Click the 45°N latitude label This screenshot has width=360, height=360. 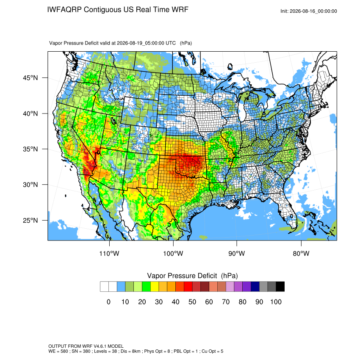pos(30,78)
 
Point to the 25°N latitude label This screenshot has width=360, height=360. pos(30,220)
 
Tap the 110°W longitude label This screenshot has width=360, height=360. pos(109,253)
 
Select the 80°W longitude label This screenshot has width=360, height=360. pos(301,253)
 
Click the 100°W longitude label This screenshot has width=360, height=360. pos(173,253)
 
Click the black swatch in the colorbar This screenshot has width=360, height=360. pos(280,287)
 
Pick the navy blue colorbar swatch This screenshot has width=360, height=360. pos(255,287)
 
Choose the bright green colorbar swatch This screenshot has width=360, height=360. pos(146,287)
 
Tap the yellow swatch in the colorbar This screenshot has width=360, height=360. pos(155,287)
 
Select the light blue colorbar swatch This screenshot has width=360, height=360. pos(121,287)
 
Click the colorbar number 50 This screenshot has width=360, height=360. pos(192,302)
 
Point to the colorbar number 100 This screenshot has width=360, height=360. pos(276,302)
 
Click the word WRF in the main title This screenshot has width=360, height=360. pos(181,10)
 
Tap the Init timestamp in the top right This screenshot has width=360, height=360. pos(309,11)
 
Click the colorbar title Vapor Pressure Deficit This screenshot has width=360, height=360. pos(182,276)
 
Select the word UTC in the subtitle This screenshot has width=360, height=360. pos(171,43)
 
